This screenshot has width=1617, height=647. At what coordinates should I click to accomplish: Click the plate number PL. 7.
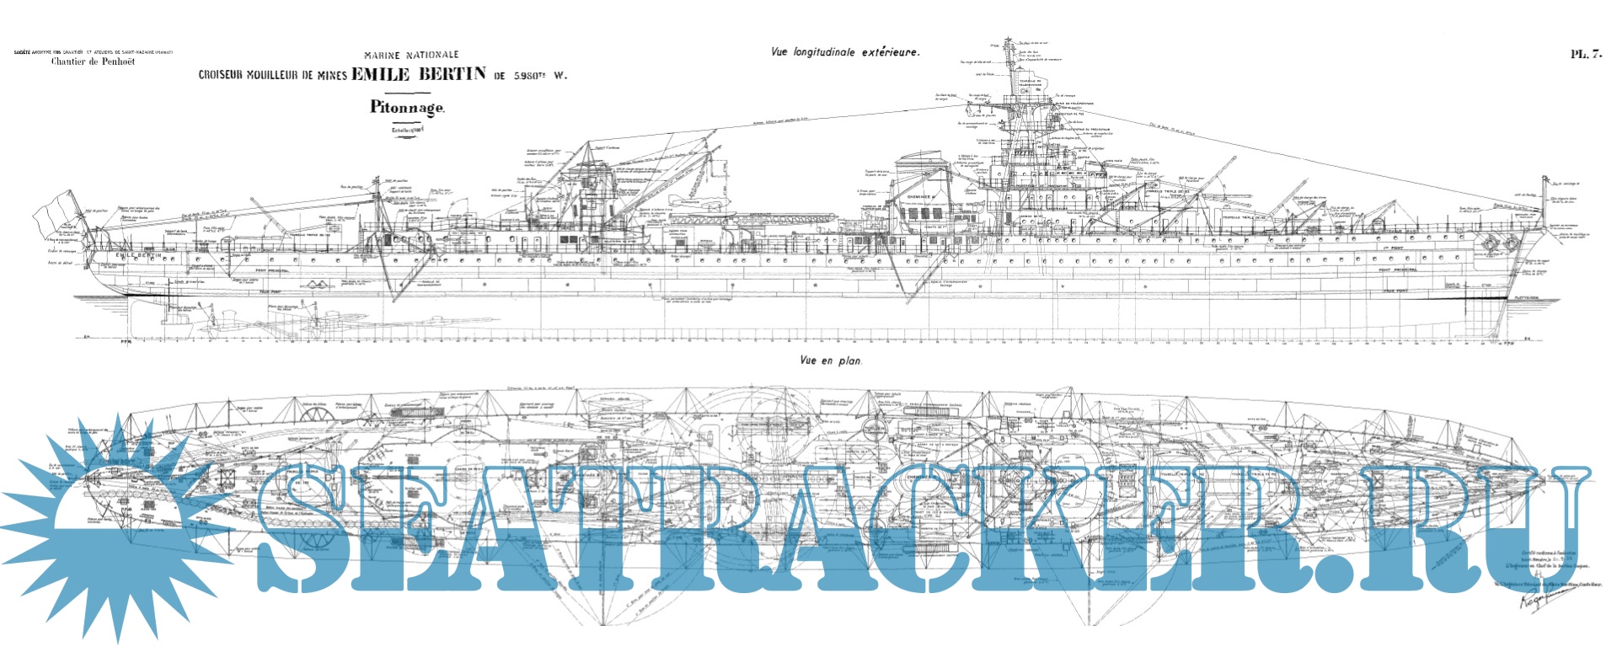point(1585,54)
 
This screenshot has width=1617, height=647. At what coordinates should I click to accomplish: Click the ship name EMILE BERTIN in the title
point(419,74)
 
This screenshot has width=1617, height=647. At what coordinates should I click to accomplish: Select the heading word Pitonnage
point(406,108)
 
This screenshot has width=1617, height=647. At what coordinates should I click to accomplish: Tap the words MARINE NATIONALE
point(411,55)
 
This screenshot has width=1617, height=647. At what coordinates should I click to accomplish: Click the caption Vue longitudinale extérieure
point(845,52)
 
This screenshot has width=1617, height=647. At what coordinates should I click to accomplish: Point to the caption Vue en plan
point(831,361)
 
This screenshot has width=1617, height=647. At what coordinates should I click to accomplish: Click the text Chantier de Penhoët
point(93,61)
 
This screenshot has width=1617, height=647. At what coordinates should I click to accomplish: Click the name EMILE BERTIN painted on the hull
point(138,254)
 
